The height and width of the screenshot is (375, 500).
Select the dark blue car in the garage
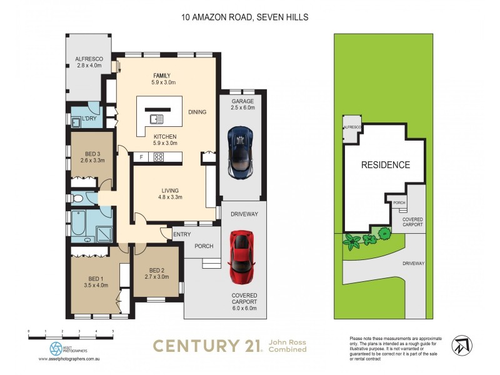click(x=240, y=151)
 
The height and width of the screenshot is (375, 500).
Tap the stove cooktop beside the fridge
click(x=159, y=157)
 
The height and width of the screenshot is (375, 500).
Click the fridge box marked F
click(x=142, y=157)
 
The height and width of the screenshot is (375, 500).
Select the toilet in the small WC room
click(x=78, y=199)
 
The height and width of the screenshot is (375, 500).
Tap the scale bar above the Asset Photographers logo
click(x=71, y=337)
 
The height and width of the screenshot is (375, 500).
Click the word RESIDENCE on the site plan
click(x=386, y=165)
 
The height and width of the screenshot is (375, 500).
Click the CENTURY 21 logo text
click(x=207, y=346)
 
